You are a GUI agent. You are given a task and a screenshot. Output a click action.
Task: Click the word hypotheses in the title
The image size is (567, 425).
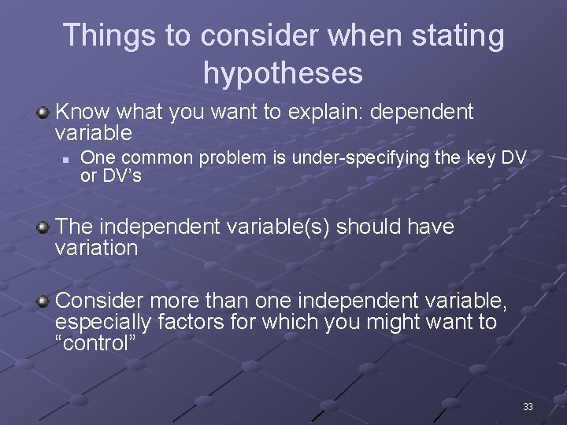tap(283, 73)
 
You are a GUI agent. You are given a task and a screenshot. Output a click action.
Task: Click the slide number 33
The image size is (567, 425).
tap(528, 407)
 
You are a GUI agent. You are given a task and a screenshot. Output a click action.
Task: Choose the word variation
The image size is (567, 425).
tap(97, 249)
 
